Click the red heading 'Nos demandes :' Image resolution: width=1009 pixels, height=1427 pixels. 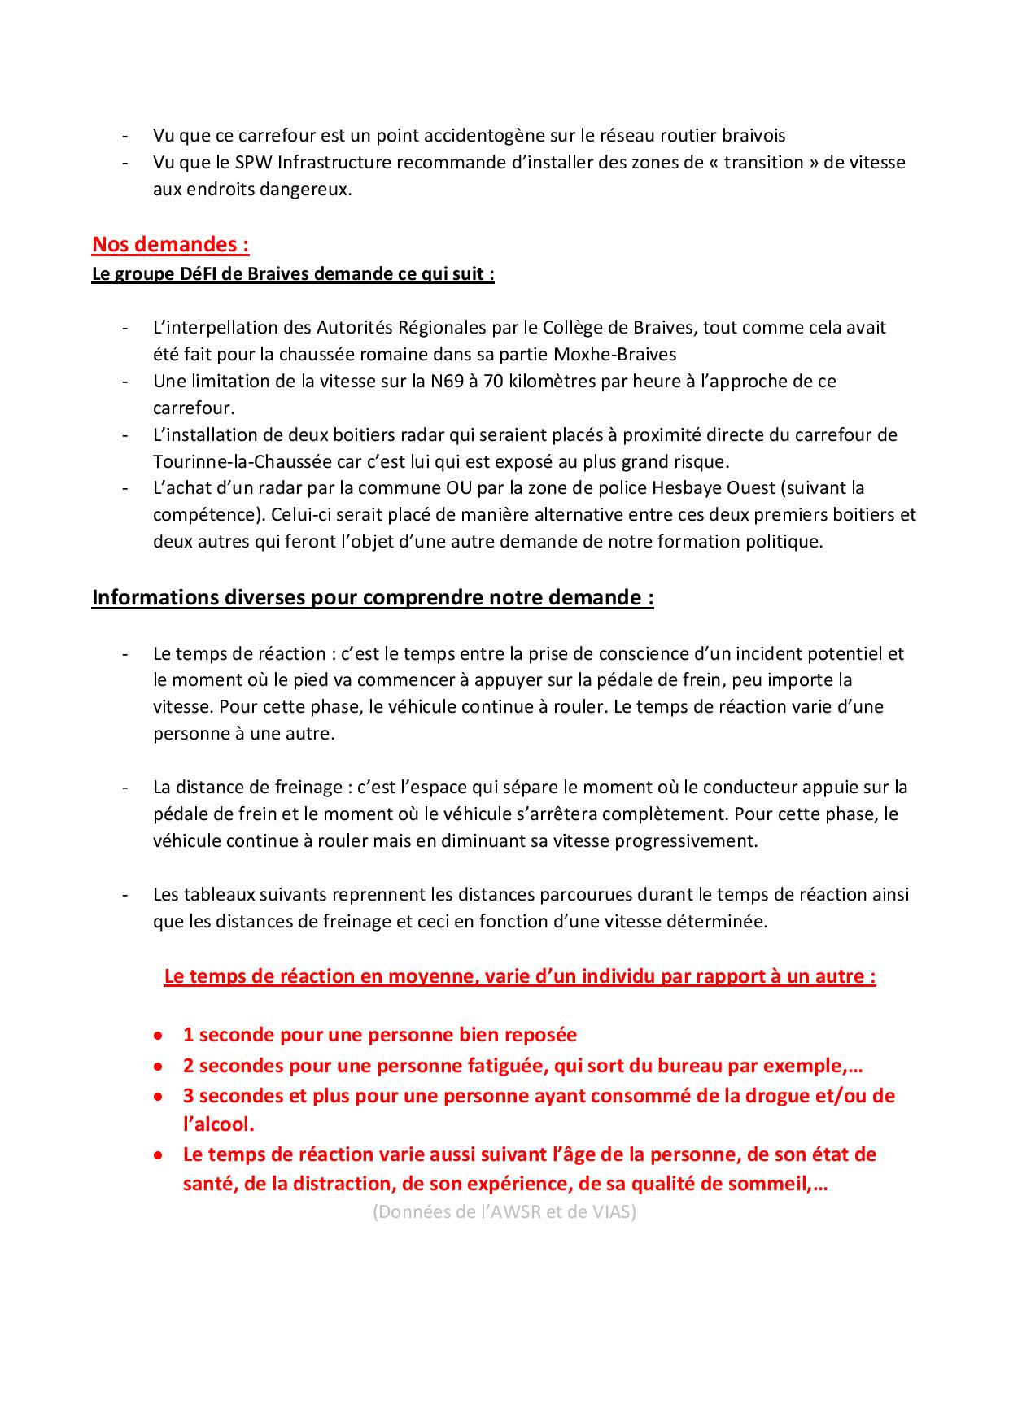coord(170,244)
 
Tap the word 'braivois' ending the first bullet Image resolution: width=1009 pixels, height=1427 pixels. coord(754,135)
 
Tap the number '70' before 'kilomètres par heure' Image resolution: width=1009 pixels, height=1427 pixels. coord(493,381)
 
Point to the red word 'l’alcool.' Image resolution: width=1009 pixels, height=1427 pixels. coord(218,1124)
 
